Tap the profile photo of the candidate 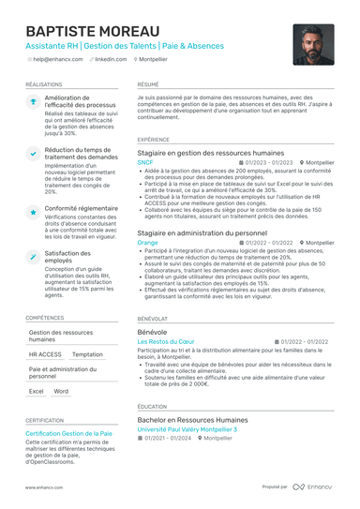[313, 44]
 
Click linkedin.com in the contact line [111, 58]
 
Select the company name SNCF [145, 162]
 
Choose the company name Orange [147, 242]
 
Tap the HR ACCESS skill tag [45, 354]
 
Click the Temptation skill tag [88, 354]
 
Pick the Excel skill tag [36, 391]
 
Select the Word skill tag [61, 391]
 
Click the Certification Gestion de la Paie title [68, 434]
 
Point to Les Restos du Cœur [166, 342]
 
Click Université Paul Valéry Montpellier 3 [187, 428]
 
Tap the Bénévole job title [152, 332]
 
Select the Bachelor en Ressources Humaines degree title [192, 419]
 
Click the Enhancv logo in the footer [314, 487]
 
